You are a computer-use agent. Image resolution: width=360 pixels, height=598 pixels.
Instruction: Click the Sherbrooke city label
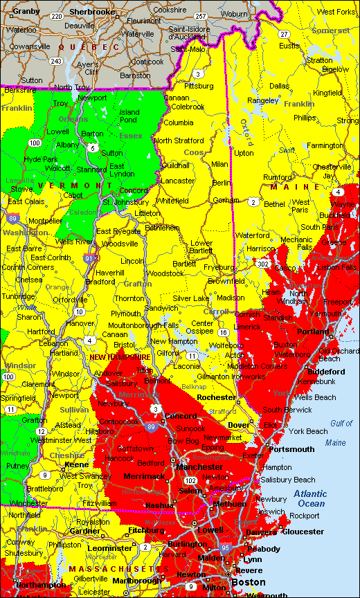tap(92, 12)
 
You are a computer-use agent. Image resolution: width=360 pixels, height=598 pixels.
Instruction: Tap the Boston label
tap(249, 583)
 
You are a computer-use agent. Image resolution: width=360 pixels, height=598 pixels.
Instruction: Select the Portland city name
tap(312, 332)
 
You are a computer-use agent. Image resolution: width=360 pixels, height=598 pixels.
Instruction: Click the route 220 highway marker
tap(57, 16)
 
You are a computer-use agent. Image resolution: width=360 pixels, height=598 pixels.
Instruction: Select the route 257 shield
tap(201, 16)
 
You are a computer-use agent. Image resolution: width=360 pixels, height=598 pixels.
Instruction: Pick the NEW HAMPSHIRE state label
tap(120, 356)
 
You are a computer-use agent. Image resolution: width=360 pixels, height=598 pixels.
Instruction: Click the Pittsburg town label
tap(199, 86)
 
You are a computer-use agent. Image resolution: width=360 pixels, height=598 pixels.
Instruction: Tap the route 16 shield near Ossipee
tap(224, 333)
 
